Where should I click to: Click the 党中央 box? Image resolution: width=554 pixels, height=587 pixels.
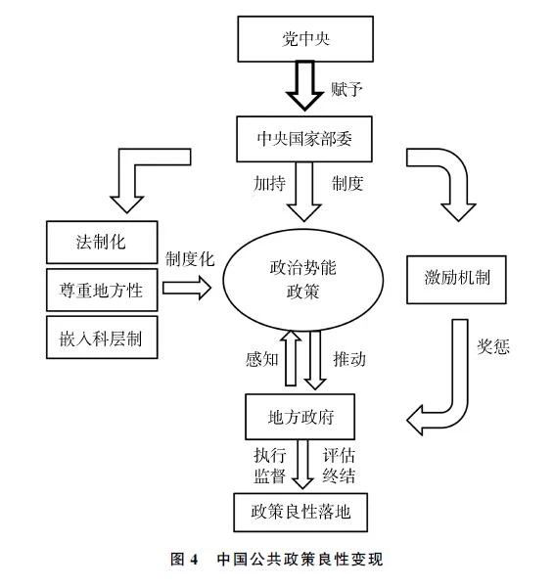click(x=305, y=39)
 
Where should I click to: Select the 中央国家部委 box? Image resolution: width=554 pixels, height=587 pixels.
click(x=304, y=139)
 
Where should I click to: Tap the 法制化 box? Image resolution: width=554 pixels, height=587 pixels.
click(x=102, y=243)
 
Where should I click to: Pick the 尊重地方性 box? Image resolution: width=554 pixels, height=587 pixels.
click(x=102, y=290)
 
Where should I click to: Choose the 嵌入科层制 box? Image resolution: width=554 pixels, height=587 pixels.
click(x=102, y=338)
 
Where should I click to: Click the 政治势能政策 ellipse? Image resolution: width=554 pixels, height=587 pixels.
click(x=303, y=280)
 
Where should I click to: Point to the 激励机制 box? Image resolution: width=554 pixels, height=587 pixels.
click(x=456, y=280)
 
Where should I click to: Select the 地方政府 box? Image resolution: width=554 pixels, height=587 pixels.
click(x=300, y=417)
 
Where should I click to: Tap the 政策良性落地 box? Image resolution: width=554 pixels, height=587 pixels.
click(x=300, y=512)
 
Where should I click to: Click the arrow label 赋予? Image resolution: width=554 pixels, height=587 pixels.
click(x=346, y=89)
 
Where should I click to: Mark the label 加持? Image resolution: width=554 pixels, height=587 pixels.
click(x=269, y=184)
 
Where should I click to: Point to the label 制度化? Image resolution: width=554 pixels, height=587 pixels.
click(x=190, y=259)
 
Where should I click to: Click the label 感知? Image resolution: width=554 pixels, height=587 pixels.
click(x=262, y=359)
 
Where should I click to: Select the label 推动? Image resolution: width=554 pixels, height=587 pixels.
click(x=349, y=359)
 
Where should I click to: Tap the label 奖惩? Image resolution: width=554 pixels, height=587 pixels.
click(x=493, y=347)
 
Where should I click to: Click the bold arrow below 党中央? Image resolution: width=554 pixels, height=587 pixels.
click(x=305, y=86)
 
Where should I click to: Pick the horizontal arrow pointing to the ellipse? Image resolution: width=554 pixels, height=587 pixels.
click(x=187, y=288)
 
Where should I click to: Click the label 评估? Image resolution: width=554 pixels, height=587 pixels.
click(x=339, y=455)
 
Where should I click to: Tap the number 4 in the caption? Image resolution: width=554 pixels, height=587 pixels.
click(x=194, y=560)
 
